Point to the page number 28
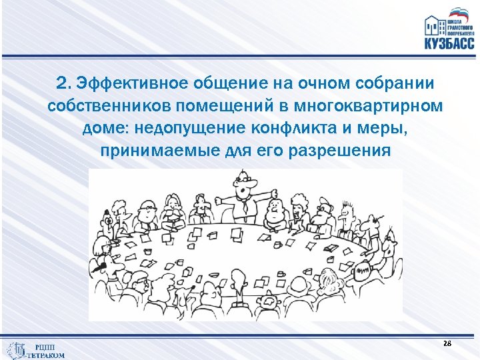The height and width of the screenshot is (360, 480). click(447, 343)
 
